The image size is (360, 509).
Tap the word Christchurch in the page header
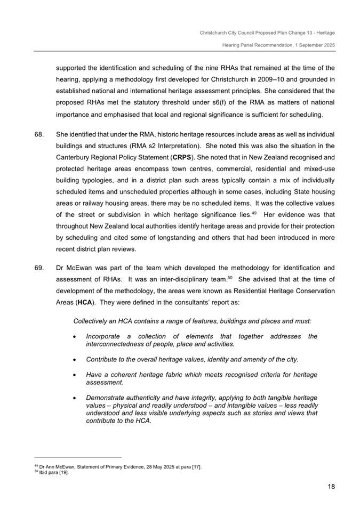tap(214, 33)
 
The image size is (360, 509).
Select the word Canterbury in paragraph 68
tap(74, 158)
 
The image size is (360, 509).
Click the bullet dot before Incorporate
tap(74, 336)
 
